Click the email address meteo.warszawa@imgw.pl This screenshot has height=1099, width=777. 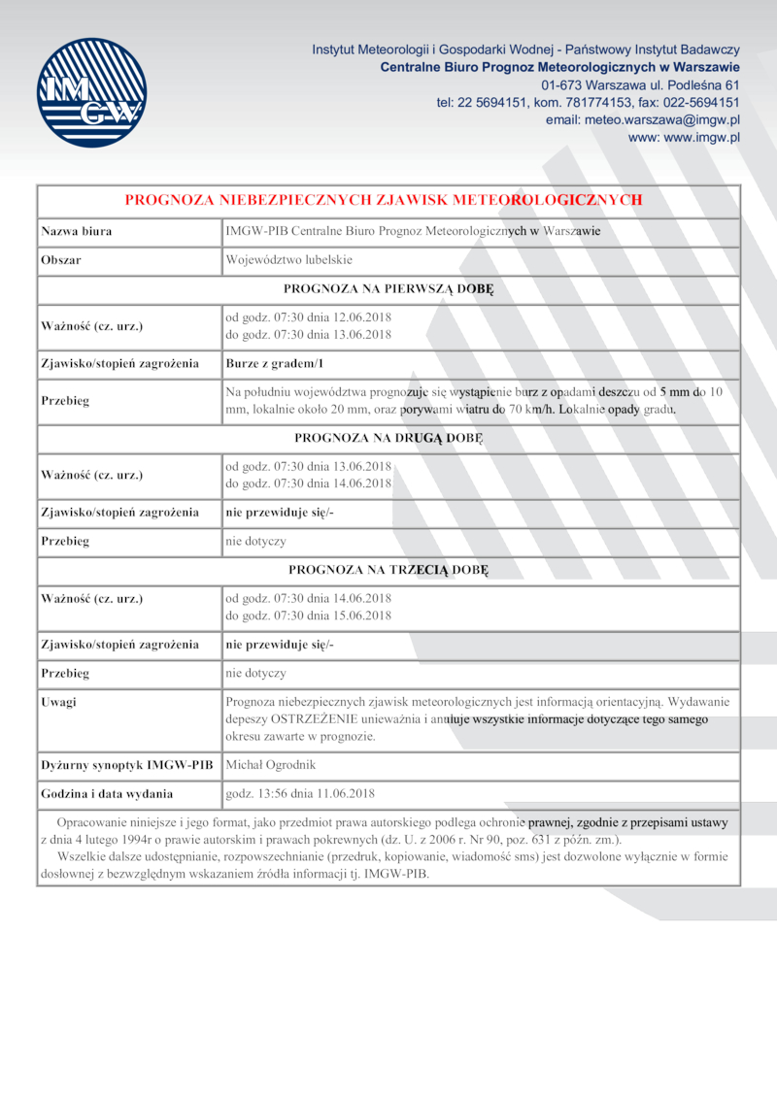658,119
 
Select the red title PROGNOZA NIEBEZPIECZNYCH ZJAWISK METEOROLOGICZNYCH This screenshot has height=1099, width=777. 384,200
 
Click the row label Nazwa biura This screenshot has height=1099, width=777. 76,231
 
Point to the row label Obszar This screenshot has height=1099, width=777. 61,260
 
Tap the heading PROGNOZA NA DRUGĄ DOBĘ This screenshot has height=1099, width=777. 388,438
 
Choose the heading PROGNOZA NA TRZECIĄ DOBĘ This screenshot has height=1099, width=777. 388,569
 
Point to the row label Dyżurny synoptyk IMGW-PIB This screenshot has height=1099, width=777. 126,765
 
